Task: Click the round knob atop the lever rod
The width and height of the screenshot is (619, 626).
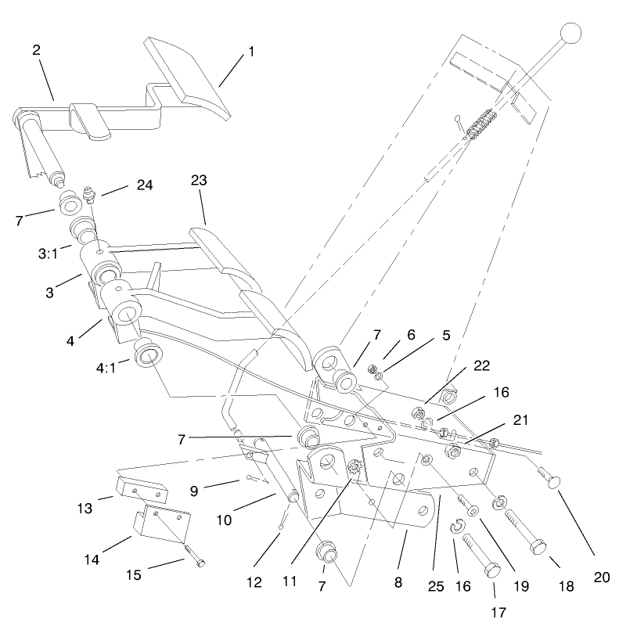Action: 571,34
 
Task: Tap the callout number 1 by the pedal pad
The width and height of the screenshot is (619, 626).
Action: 251,51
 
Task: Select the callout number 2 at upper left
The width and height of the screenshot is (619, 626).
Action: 36,49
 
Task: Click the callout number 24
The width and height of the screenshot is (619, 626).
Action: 144,185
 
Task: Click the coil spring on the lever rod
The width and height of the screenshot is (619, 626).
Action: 480,124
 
